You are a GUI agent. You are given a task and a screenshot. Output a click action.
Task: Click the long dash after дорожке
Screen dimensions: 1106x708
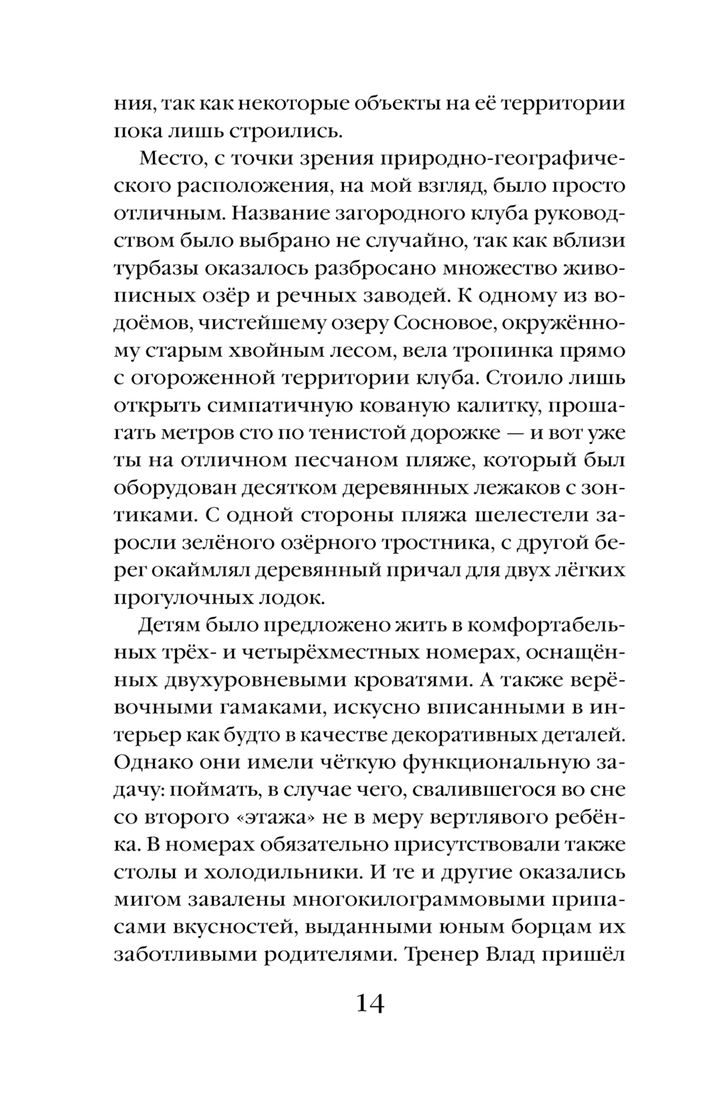(471, 433)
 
